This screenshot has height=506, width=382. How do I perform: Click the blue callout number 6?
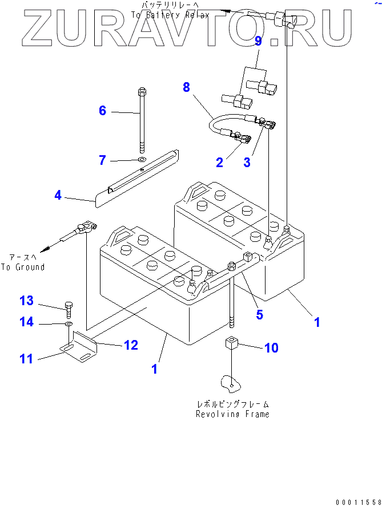[x=103, y=111]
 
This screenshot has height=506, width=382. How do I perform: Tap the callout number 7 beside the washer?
[x=103, y=160]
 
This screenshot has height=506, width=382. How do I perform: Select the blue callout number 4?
[x=58, y=196]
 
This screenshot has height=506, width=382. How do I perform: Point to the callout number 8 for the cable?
[x=186, y=87]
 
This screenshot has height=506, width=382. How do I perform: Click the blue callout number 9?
[x=258, y=41]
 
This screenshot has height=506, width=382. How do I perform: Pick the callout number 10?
[x=271, y=347]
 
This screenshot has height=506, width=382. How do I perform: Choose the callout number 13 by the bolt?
[x=27, y=301]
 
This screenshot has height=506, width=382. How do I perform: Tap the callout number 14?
[x=27, y=322]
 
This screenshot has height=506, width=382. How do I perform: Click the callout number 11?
[x=27, y=359]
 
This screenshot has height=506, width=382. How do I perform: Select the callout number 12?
[x=131, y=345]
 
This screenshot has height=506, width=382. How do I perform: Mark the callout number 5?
[x=259, y=314]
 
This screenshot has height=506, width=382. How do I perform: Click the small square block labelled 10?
[x=231, y=345]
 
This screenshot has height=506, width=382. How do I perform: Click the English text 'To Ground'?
[x=23, y=266]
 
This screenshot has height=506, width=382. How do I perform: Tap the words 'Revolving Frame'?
[x=232, y=414]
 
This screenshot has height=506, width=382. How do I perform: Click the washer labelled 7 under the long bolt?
[x=142, y=159]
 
